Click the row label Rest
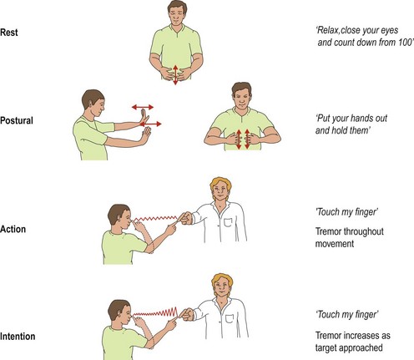[x=9, y=33]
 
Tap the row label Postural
[x=17, y=120]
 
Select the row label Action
[x=13, y=229]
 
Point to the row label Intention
[x=18, y=337]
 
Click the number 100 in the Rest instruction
[x=404, y=43]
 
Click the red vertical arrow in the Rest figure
[x=175, y=74]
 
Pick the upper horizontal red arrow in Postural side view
[x=143, y=107]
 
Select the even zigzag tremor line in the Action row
[x=156, y=219]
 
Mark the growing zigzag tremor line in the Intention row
[x=155, y=312]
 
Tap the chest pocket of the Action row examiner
[x=228, y=223]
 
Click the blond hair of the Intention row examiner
[x=222, y=281]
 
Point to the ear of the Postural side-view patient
[x=89, y=104]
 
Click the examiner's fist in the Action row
[x=187, y=218]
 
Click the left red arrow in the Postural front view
[x=239, y=139]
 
